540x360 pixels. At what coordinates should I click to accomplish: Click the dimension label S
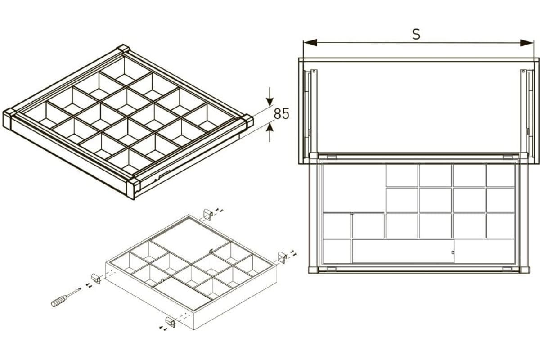[416, 34]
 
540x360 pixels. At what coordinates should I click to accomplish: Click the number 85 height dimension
[281, 114]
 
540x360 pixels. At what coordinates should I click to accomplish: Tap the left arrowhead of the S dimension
[310, 43]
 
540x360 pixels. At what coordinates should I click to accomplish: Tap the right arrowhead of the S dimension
[527, 43]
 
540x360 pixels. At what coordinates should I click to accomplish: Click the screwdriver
[66, 297]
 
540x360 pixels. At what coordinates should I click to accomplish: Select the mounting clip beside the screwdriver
[96, 279]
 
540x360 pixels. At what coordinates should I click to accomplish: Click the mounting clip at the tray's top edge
[208, 214]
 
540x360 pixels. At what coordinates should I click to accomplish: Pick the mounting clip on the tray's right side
[282, 257]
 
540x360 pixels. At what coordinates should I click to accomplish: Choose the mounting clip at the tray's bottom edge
[170, 322]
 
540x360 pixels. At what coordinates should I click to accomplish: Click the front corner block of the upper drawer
[133, 189]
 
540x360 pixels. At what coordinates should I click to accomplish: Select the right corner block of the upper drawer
[247, 122]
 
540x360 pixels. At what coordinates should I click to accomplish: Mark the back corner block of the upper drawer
[123, 49]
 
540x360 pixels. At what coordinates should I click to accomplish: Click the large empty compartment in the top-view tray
[354, 188]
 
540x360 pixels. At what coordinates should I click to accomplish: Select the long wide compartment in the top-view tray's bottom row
[403, 251]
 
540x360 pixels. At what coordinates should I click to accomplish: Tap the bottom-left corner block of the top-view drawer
[314, 270]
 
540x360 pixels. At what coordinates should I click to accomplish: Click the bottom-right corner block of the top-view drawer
[524, 270]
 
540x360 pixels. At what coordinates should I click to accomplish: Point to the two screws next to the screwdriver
[89, 285]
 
